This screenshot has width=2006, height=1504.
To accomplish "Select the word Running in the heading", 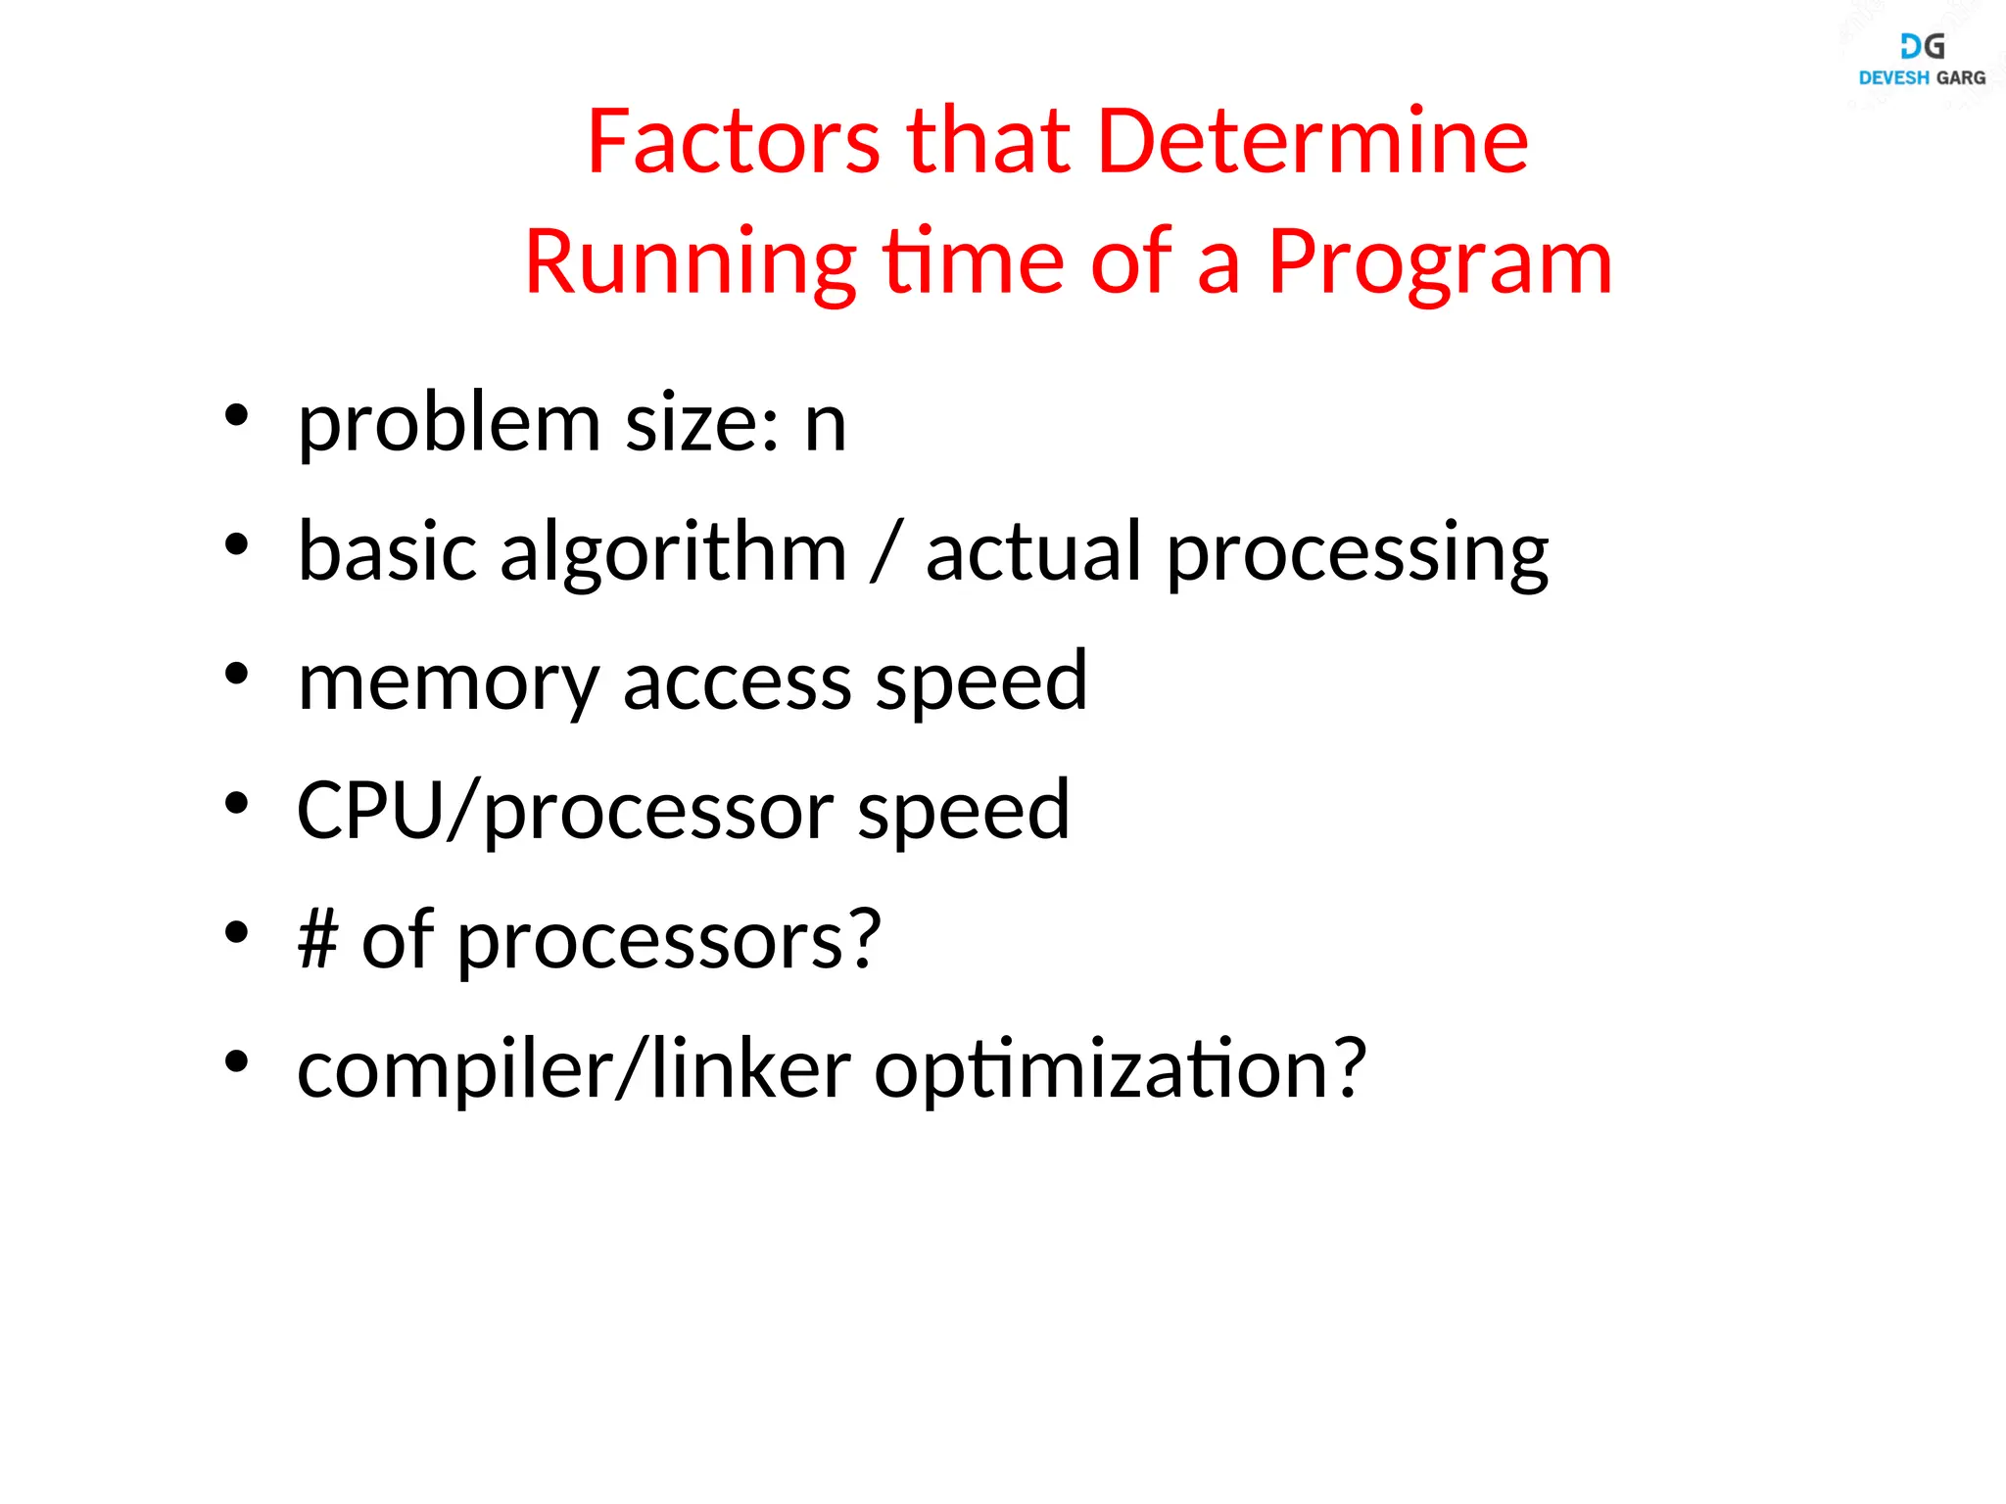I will [691, 262].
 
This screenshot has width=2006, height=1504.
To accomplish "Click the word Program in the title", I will [1440, 262].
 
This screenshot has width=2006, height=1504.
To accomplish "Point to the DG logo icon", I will [1922, 46].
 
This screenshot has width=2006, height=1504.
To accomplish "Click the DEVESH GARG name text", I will [1922, 78].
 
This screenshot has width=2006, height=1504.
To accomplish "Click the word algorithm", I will [673, 553].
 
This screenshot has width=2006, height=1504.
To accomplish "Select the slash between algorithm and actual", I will [884, 553].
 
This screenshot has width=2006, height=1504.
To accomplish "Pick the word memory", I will [449, 682].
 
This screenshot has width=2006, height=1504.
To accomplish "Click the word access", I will [737, 682].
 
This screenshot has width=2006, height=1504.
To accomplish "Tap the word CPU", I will [370, 811].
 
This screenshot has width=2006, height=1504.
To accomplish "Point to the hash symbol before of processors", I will [318, 940].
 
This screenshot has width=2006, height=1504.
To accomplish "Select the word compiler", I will [455, 1069].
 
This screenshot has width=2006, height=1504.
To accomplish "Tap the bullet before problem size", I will [236, 415].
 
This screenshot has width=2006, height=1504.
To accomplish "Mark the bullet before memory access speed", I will [236, 674].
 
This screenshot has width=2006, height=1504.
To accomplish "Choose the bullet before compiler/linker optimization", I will [236, 1061].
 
